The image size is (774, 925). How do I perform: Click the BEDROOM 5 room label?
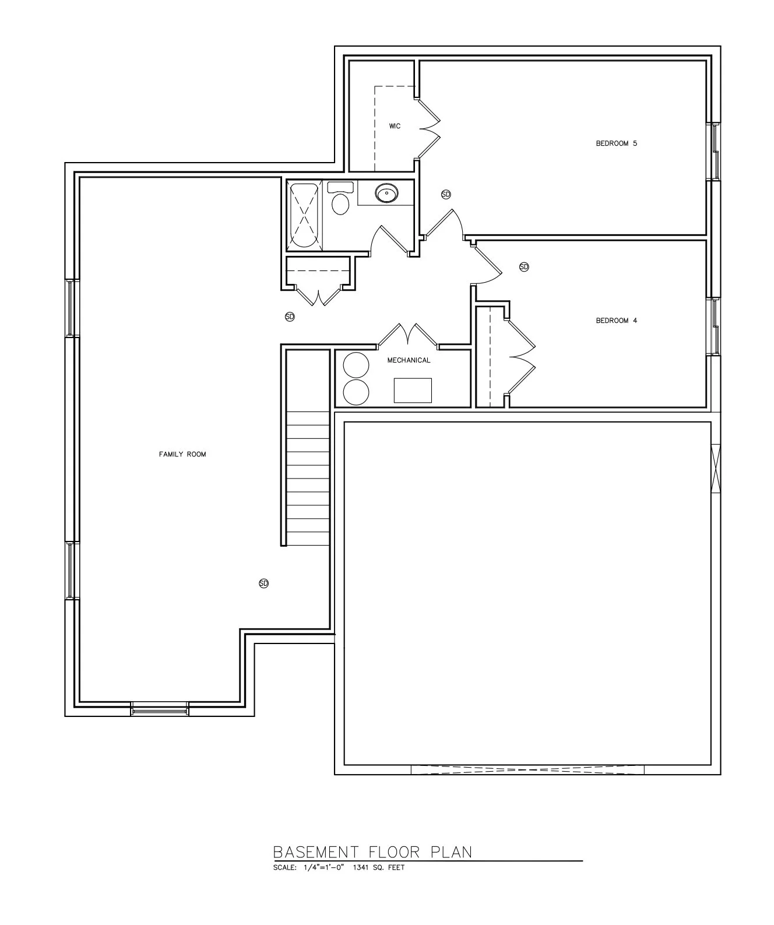616,143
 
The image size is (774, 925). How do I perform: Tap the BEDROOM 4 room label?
616,321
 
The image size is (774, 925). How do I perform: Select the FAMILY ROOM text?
182,454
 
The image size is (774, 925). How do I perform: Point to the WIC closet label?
395,126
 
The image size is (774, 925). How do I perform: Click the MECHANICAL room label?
409,360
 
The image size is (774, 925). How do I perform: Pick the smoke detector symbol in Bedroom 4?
523,267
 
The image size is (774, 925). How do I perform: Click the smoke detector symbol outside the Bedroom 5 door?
446,194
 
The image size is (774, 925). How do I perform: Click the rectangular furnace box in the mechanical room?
413,391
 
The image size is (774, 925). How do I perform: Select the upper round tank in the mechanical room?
356,365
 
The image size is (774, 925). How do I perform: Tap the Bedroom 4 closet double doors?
521,357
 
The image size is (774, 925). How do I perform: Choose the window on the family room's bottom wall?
160,710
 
